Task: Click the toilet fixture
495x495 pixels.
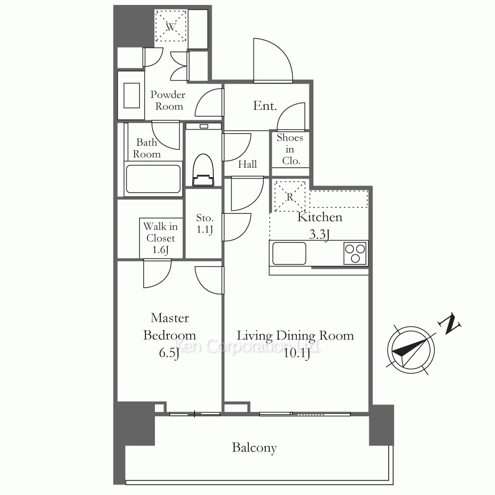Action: point(203,170)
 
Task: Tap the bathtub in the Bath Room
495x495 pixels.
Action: point(153,179)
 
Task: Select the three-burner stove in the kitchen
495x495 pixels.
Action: point(355,253)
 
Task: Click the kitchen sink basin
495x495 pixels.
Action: point(289,253)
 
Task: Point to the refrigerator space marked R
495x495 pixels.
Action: point(290,196)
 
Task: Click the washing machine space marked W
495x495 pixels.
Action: point(171,26)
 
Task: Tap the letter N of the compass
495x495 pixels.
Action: point(449,324)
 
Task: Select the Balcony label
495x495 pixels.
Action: point(254,448)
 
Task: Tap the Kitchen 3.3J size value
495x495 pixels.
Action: point(319,235)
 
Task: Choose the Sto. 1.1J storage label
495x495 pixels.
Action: point(204,224)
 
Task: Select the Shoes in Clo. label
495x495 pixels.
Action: point(290,149)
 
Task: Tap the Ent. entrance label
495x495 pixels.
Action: point(265,106)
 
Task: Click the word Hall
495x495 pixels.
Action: point(247,164)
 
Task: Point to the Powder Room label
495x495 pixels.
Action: point(168,100)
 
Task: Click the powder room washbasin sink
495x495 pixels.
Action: point(132,96)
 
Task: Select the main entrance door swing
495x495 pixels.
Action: point(273,60)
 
